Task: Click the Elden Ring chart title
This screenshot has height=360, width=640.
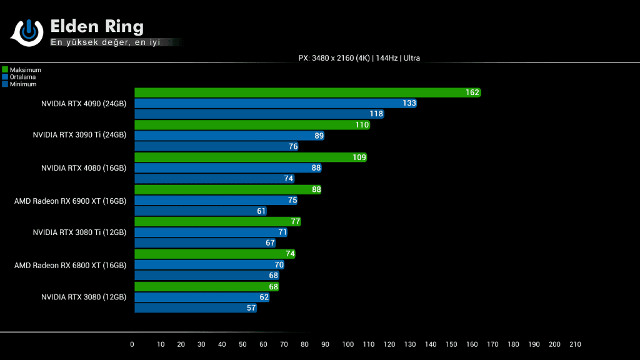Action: point(97,27)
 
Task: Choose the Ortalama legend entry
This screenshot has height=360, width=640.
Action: point(22,77)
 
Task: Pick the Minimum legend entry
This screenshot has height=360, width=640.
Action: point(22,84)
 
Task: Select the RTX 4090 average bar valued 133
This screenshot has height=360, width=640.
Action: point(276,103)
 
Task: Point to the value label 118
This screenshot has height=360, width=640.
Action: point(376,114)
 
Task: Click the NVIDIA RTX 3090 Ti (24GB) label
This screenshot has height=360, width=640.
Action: point(79,135)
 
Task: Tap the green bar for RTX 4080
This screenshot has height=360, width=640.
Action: point(251,157)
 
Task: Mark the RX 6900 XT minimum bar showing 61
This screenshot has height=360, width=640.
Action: point(201,211)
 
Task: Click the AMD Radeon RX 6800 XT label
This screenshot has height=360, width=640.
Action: point(70,265)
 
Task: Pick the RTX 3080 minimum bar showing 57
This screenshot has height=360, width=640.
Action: point(196,308)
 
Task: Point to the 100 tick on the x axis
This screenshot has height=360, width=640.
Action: point(348,344)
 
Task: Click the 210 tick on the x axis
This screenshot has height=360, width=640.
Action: point(575,344)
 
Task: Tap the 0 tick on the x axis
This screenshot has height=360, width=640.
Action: point(132,344)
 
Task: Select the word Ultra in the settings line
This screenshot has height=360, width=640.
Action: point(411,58)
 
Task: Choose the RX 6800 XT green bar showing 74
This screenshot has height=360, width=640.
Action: point(215,254)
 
